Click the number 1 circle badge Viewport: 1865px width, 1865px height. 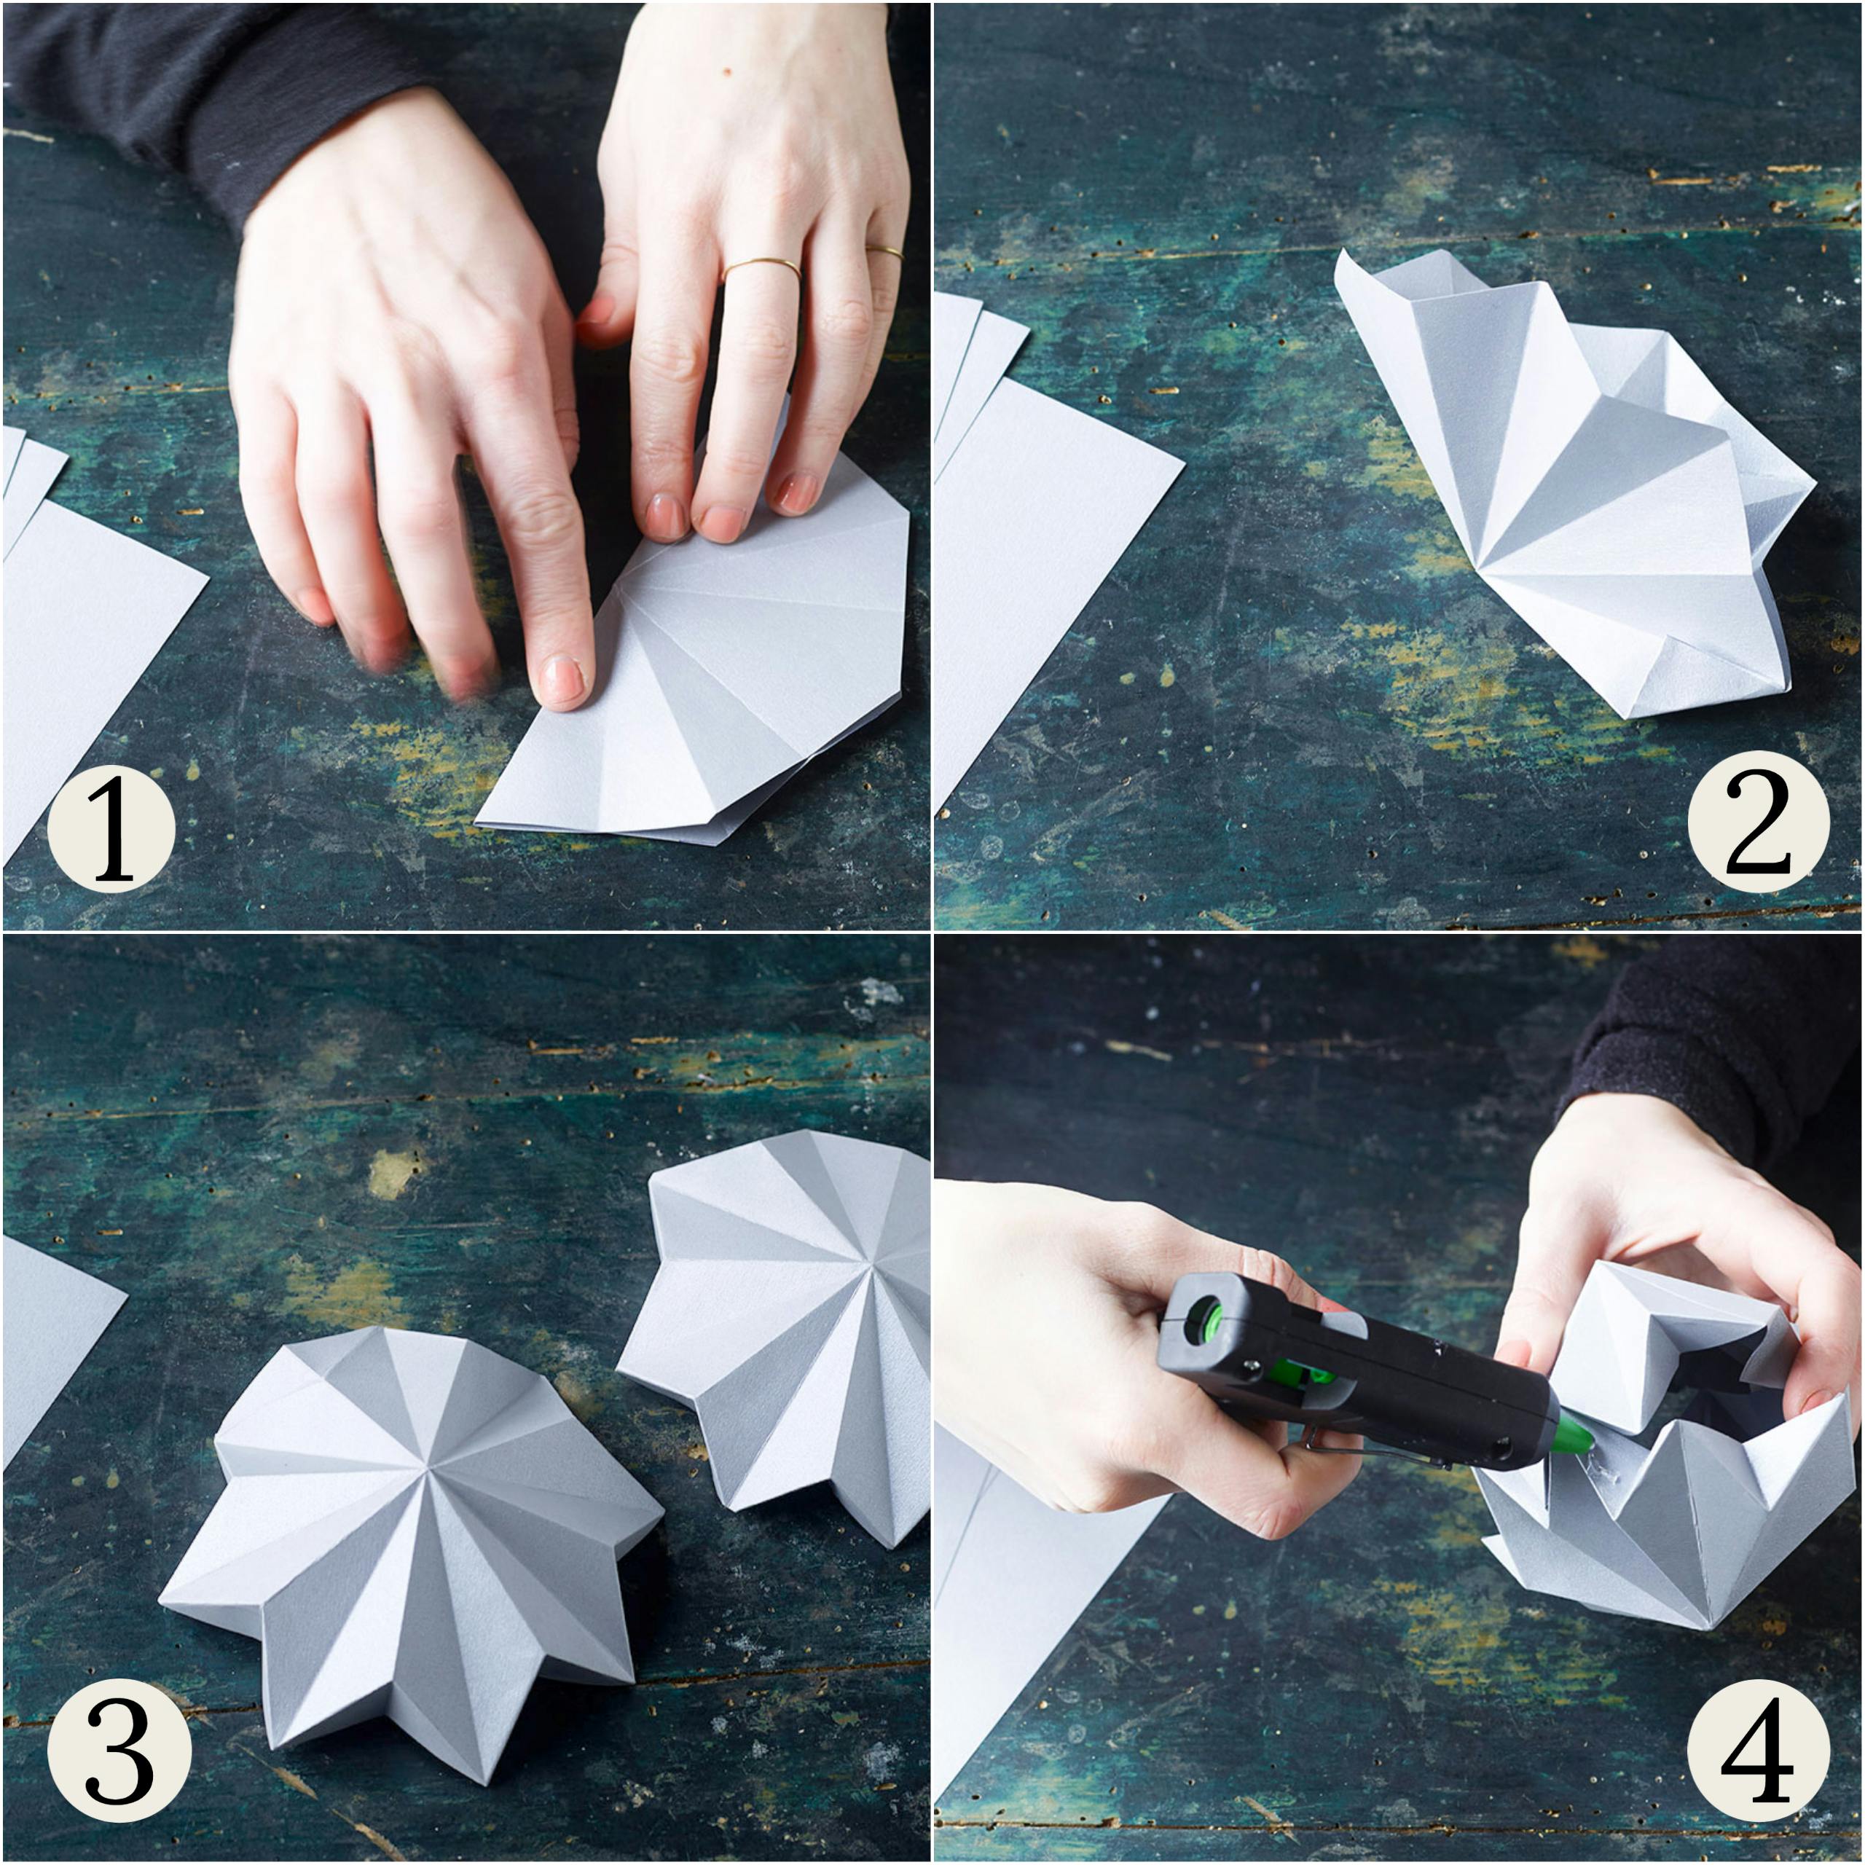(x=111, y=828)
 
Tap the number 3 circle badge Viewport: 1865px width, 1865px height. (x=118, y=1759)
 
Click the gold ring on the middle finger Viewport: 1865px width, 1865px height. (x=761, y=267)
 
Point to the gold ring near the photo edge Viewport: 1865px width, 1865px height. (x=885, y=253)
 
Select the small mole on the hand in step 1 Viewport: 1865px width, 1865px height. (x=724, y=71)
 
